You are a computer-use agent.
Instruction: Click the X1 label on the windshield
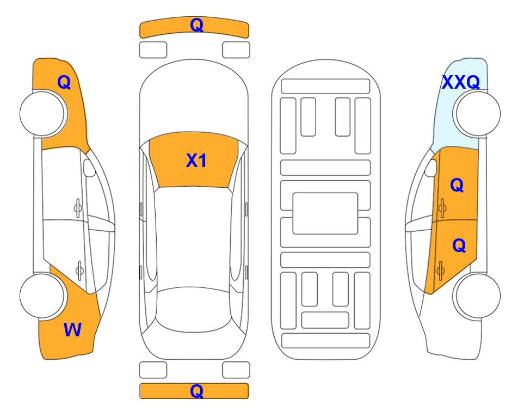click(x=196, y=161)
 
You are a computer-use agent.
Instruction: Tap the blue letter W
click(x=72, y=330)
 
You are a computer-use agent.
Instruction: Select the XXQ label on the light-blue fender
click(x=461, y=82)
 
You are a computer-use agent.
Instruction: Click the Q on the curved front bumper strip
click(x=196, y=25)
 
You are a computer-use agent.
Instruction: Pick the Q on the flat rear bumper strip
click(x=196, y=391)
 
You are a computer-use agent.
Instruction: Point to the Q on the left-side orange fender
click(x=64, y=82)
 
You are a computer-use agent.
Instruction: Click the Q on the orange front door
click(x=457, y=185)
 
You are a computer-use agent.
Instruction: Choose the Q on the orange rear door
click(x=459, y=246)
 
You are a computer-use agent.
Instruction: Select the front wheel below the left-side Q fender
click(x=43, y=114)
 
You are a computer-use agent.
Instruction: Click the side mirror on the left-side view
click(x=89, y=168)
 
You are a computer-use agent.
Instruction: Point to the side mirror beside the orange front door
click(x=431, y=168)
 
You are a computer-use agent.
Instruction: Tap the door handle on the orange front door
click(x=442, y=208)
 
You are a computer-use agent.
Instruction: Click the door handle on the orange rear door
click(x=440, y=271)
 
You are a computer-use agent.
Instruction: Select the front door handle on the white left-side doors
click(x=78, y=208)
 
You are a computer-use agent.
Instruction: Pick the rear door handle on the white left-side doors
click(x=79, y=271)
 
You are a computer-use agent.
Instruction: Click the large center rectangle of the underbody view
click(x=325, y=213)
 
